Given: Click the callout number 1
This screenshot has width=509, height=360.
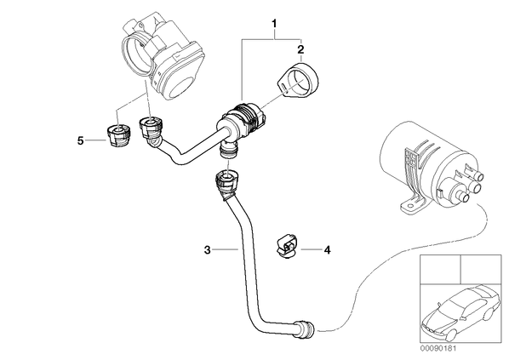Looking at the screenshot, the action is click(x=274, y=24).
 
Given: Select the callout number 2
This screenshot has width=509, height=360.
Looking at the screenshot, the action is click(x=300, y=49).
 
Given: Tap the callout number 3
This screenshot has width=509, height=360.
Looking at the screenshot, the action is click(x=208, y=250).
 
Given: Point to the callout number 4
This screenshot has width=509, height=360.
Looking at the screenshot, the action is click(x=327, y=250).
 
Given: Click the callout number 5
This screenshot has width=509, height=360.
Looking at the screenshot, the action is click(x=81, y=141).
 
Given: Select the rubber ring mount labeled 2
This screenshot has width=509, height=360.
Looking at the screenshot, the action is click(x=299, y=79).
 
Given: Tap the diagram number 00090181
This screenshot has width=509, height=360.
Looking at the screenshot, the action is click(x=438, y=349).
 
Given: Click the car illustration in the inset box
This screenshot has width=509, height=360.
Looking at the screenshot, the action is click(x=460, y=311).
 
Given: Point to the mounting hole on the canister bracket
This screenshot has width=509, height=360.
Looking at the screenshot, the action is click(x=409, y=205).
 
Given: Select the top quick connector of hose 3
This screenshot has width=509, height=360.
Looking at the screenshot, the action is click(x=227, y=184).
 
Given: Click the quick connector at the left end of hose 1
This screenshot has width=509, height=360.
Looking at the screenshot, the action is click(x=151, y=130).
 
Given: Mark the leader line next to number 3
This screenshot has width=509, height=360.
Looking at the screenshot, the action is click(x=226, y=249).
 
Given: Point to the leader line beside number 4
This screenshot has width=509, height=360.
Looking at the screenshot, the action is click(x=311, y=249).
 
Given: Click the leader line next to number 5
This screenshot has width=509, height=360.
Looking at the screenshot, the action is click(x=96, y=140).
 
